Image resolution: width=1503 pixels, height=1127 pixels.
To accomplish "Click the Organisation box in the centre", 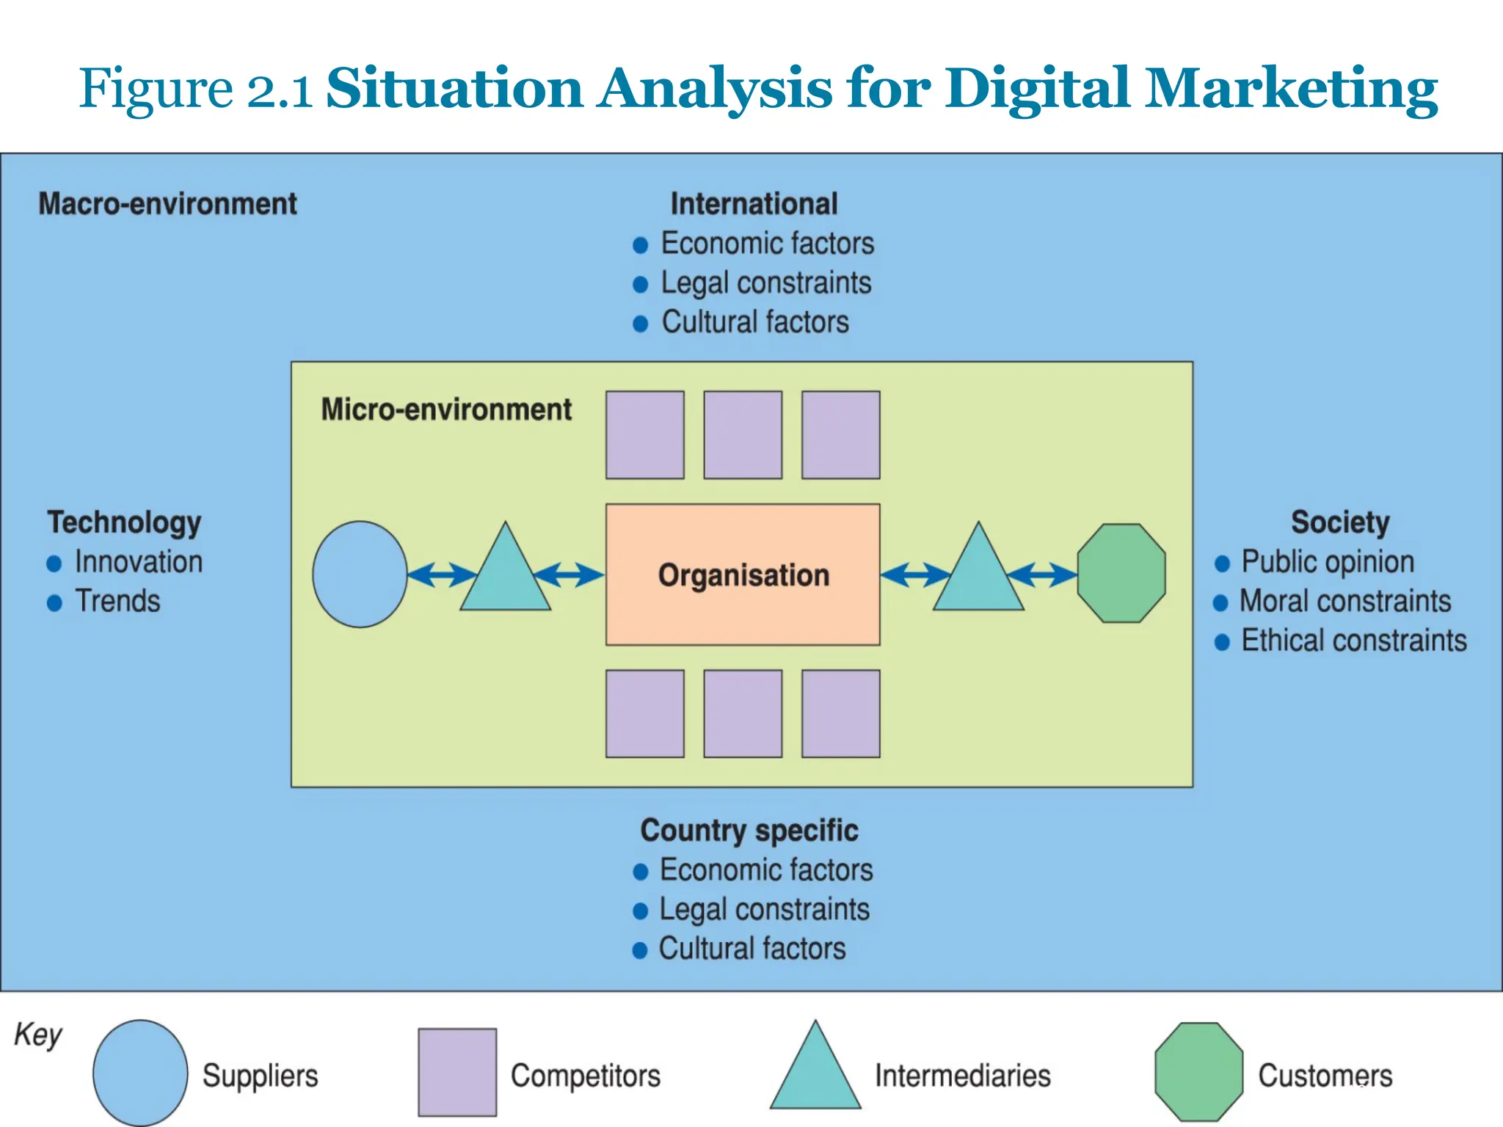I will click(x=743, y=575).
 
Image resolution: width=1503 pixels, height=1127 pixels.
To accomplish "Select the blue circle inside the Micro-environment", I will click(x=360, y=575).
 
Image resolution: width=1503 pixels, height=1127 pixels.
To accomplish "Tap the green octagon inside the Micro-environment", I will click(x=1121, y=573).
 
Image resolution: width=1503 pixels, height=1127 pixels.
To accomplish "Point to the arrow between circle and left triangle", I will click(x=442, y=575).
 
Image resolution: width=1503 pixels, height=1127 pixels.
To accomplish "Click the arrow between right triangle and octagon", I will click(x=1042, y=575).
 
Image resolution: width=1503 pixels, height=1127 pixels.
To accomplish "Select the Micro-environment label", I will click(x=446, y=409).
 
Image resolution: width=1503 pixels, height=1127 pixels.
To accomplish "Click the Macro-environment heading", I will click(x=167, y=204).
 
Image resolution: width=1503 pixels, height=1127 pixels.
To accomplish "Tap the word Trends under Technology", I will click(x=117, y=601).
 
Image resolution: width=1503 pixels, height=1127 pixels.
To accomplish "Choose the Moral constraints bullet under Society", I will click(x=1344, y=601).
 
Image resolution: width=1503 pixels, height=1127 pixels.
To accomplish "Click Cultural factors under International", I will click(x=754, y=322).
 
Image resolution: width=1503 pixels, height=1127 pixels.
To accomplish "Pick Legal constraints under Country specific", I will click(x=763, y=909).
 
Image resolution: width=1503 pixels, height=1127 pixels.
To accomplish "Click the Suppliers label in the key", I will click(x=260, y=1076).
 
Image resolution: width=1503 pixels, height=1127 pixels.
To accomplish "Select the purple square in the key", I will click(x=457, y=1072).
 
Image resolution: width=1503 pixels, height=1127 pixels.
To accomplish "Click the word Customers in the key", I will click(x=1325, y=1076).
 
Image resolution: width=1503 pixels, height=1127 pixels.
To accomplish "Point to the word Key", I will click(x=38, y=1035).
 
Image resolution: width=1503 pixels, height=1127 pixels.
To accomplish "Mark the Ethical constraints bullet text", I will click(x=1353, y=641).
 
